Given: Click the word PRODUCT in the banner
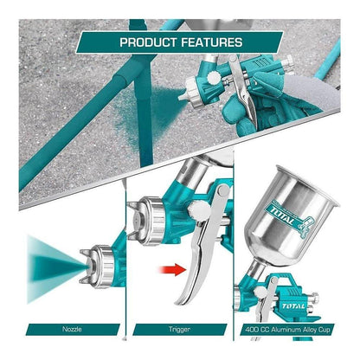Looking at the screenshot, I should coord(150,41).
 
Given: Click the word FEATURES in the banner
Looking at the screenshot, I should coord(213,41).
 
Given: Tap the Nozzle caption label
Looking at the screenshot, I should coord(74,329).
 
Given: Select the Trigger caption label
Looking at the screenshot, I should coord(178,329).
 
